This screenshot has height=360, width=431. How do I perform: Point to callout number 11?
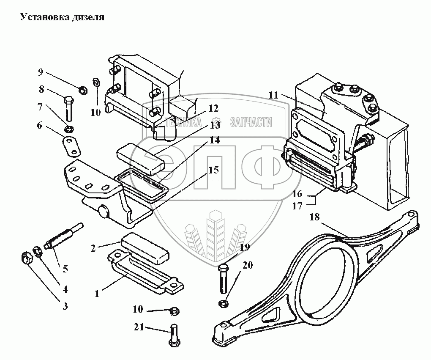[273, 95]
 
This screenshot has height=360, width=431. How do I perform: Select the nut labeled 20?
[224, 303]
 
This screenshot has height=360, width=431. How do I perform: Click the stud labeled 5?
[62, 239]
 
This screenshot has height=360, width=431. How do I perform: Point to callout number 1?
[97, 293]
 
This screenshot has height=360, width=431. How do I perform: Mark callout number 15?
[214, 170]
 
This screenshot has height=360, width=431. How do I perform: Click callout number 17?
[297, 206]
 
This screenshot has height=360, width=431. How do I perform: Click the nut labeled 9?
[83, 90]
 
